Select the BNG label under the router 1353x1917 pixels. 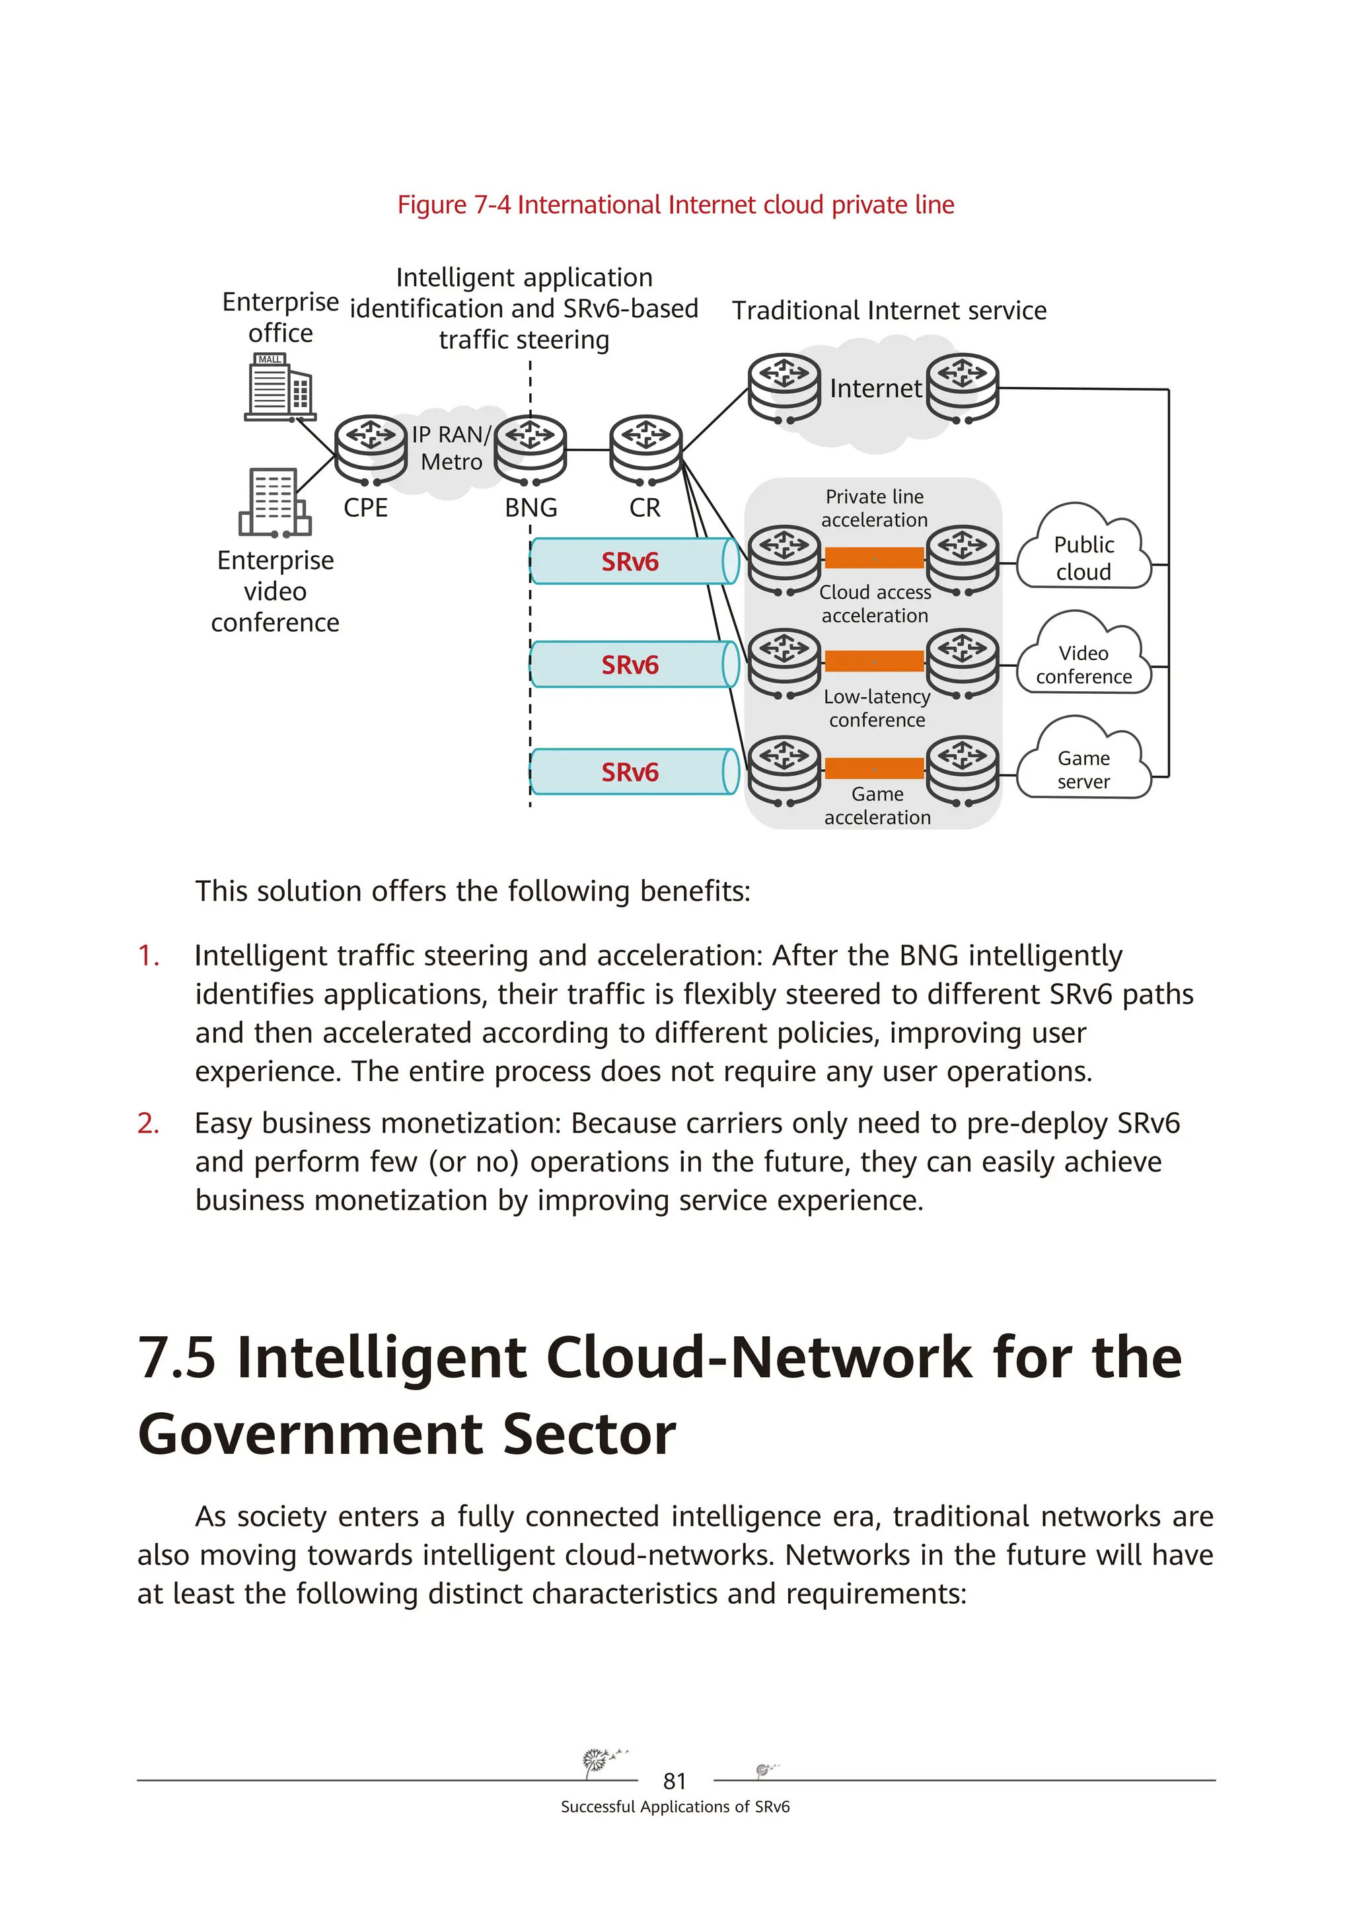pyautogui.click(x=531, y=507)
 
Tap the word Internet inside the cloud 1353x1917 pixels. pyautogui.click(x=875, y=389)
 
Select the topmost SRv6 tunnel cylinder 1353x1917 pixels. pyautogui.click(x=634, y=561)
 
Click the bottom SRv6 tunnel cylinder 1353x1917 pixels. pyautogui.click(x=634, y=771)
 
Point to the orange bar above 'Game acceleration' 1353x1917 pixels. pyautogui.click(x=874, y=768)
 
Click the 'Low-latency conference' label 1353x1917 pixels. pyautogui.click(x=877, y=708)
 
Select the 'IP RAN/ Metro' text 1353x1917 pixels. pyautogui.click(x=452, y=449)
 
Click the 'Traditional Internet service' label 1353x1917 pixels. pyautogui.click(x=889, y=311)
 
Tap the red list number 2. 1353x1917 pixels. pyautogui.click(x=149, y=1124)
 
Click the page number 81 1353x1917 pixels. pyautogui.click(x=675, y=1782)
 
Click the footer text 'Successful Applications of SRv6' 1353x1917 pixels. pyautogui.click(x=675, y=1807)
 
